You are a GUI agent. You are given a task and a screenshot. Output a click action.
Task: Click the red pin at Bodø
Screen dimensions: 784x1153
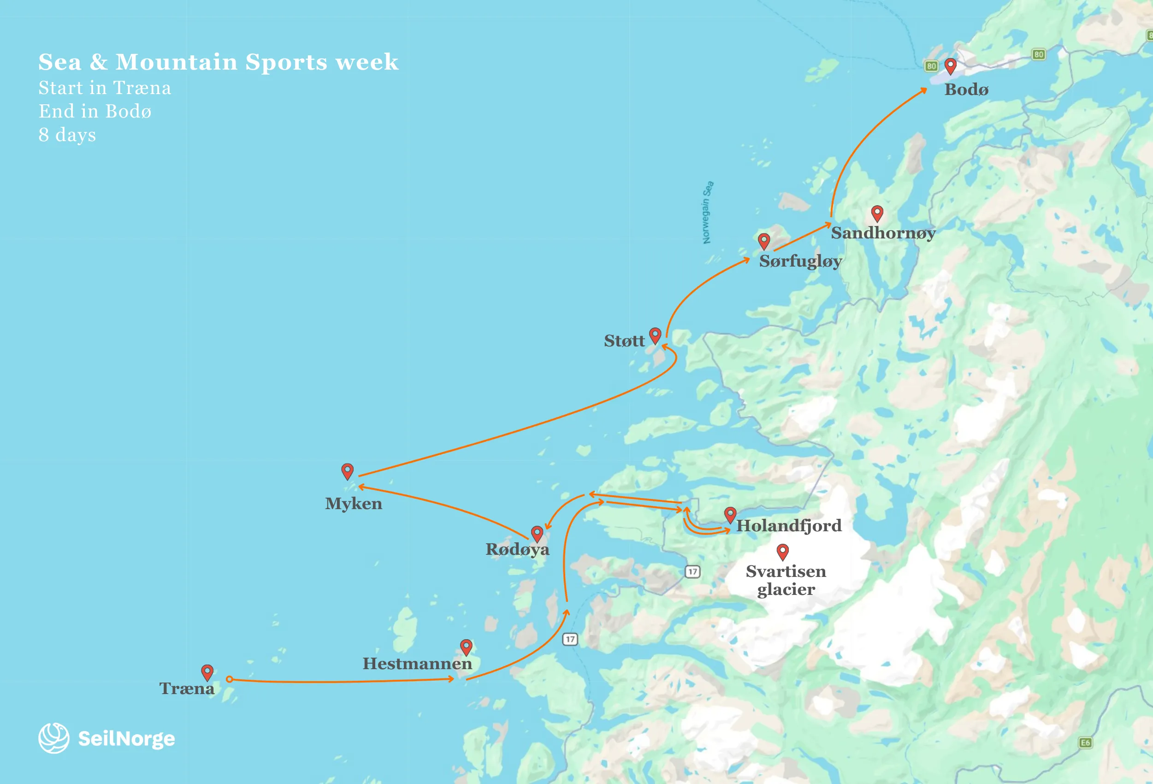point(950,65)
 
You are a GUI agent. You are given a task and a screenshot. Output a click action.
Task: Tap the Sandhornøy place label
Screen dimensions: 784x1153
point(883,233)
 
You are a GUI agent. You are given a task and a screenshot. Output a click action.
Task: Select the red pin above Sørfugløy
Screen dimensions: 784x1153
point(763,241)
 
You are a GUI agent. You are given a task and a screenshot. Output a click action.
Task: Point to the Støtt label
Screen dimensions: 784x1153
point(624,341)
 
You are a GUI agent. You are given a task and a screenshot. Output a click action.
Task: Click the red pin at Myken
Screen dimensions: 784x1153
point(347,470)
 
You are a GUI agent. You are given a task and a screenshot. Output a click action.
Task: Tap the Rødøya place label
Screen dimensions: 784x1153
point(517,549)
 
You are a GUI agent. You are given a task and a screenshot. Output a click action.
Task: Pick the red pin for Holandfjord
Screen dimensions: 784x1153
point(730,514)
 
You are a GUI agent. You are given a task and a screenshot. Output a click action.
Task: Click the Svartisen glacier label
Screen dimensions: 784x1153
point(786,580)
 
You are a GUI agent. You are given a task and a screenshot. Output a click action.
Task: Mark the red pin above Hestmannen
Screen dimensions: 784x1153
point(466,646)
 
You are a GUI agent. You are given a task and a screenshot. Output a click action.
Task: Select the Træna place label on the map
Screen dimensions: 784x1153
point(187,689)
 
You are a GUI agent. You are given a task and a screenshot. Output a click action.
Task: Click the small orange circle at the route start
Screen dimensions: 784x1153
point(229,679)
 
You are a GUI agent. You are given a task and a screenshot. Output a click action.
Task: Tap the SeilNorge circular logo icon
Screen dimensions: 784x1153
point(53,738)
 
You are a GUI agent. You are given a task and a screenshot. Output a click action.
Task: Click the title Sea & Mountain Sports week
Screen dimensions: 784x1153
point(219,62)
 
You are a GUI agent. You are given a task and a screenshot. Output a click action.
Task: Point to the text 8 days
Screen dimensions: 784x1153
point(67,135)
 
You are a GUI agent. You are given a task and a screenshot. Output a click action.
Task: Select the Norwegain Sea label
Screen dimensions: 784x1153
point(708,213)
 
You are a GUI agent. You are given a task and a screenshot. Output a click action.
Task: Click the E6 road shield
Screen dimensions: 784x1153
point(1085,742)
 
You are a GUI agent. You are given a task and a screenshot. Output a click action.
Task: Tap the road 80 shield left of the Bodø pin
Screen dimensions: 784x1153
point(931,66)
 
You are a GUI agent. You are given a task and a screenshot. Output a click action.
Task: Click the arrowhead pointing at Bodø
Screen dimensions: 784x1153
point(923,90)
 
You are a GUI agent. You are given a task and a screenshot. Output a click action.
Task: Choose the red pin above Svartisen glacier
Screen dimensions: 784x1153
point(782,551)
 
